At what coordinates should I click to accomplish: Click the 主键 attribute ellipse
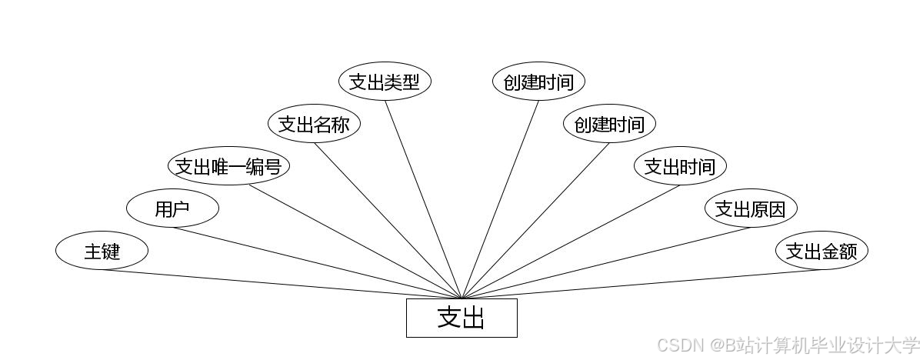[102, 251]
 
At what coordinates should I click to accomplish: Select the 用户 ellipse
[172, 208]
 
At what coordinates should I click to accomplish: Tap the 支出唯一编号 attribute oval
[228, 166]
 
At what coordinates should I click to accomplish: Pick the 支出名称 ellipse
[314, 124]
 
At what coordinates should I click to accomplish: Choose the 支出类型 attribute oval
[385, 82]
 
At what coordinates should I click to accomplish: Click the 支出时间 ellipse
[680, 166]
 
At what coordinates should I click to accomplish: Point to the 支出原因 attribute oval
[751, 208]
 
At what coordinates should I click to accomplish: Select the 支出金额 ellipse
[821, 251]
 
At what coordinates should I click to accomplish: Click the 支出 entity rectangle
[461, 318]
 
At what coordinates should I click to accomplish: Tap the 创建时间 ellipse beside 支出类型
[538, 82]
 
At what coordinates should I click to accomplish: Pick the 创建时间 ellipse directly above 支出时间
[609, 124]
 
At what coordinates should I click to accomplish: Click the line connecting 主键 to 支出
[282, 284]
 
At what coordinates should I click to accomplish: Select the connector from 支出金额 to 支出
[641, 284]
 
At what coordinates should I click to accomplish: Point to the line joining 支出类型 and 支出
[423, 199]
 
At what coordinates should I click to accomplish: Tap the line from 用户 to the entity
[317, 263]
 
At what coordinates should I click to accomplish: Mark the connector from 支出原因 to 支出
[606, 263]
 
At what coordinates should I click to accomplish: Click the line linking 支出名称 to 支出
[388, 221]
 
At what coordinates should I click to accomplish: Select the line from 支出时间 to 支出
[571, 242]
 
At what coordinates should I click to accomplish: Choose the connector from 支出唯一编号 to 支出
[354, 242]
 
